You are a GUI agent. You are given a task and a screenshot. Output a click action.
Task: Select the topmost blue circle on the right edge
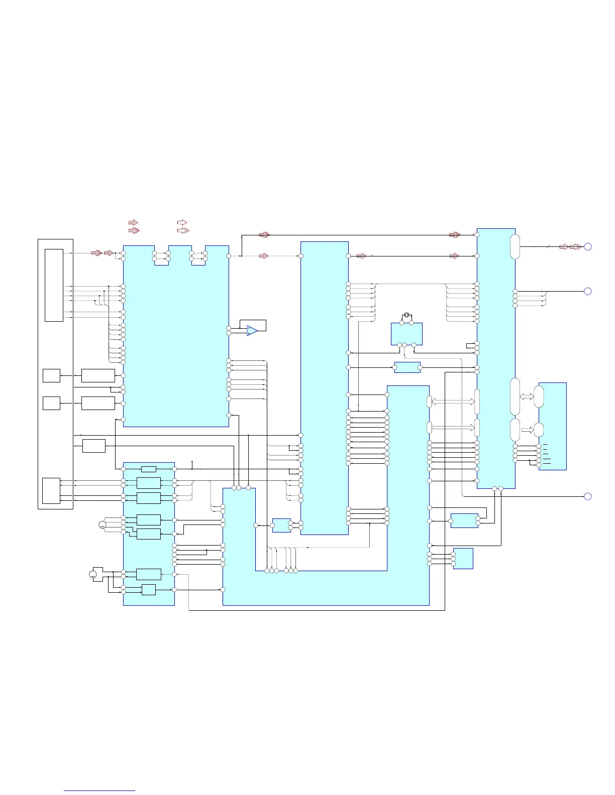tap(588, 246)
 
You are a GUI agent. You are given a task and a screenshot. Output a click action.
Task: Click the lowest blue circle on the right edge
tap(588, 496)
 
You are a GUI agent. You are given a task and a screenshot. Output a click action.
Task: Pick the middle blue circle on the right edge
tap(588, 291)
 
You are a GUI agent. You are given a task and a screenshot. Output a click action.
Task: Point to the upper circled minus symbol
tap(102, 525)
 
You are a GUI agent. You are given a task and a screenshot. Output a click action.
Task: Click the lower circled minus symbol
tap(93, 574)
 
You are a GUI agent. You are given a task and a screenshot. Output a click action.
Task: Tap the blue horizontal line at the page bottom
tap(99, 791)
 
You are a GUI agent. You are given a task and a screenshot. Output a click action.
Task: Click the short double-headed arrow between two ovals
tap(527, 396)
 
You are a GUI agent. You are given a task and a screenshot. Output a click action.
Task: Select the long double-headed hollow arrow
tap(453, 402)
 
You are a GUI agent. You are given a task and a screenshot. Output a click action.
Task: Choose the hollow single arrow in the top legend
tap(182, 222)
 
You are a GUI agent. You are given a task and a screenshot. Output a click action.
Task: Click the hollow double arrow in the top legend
tap(183, 230)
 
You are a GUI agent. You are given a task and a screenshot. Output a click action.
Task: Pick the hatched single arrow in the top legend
tap(133, 222)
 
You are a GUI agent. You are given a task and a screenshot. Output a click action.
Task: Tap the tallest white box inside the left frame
tap(54, 285)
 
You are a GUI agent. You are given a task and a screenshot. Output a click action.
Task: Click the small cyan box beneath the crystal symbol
tap(406, 334)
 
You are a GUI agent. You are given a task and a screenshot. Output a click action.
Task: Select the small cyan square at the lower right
tap(463, 558)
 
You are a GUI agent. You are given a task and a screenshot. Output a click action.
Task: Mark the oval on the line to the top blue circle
tap(515, 246)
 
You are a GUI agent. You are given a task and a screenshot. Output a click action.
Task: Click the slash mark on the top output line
tap(549, 246)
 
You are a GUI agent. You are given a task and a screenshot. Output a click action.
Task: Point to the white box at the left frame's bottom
tap(51, 491)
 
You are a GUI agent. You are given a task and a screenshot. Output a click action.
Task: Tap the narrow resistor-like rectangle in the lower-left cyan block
tap(149, 469)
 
